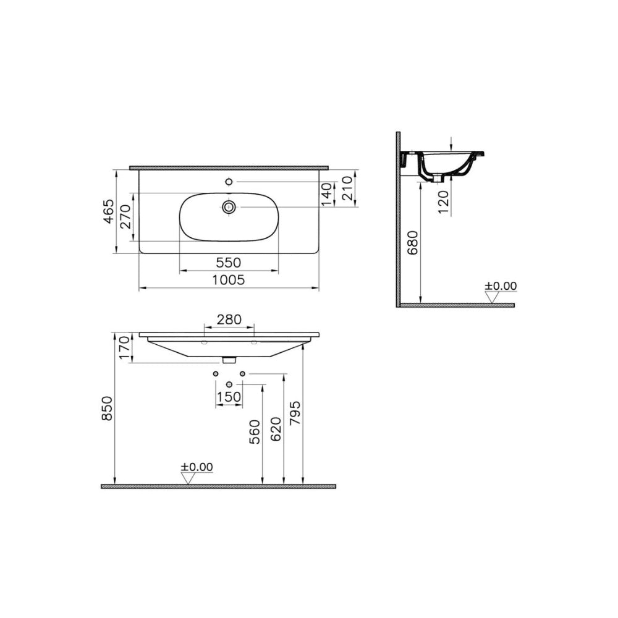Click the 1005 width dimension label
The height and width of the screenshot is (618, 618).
229,280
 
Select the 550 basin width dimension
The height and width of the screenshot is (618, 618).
229,263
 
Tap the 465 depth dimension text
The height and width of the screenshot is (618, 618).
109,211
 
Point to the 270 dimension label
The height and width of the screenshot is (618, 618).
125,216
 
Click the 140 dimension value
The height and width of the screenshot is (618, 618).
327,194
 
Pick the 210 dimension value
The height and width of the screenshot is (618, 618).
347,188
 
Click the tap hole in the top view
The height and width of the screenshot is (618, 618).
229,182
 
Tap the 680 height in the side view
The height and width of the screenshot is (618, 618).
412,242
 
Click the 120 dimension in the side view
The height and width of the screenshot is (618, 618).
443,202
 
